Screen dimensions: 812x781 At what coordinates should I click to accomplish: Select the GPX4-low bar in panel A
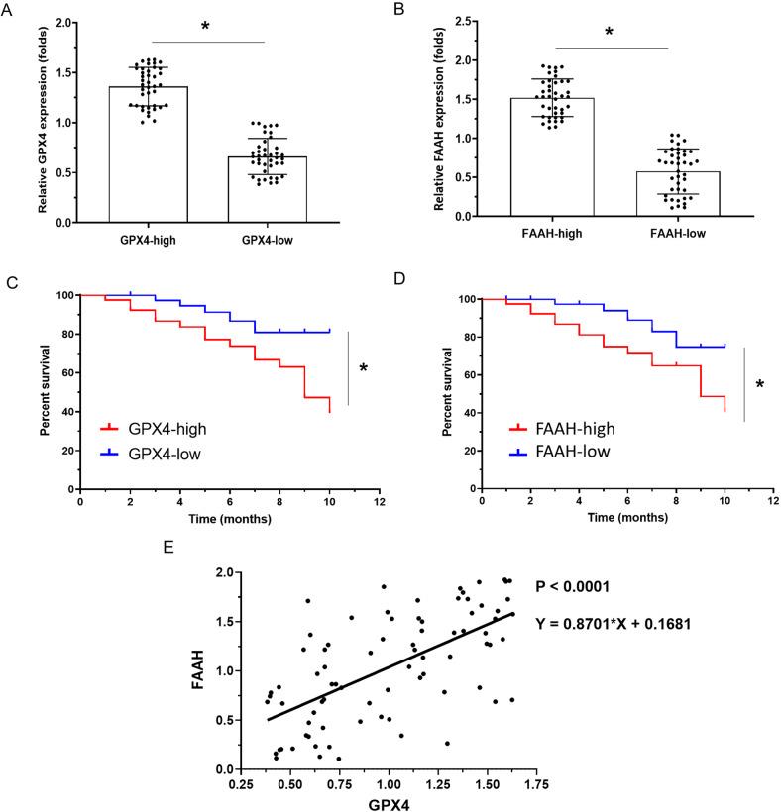coord(267,189)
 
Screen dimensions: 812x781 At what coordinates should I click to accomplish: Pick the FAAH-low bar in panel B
coord(678,193)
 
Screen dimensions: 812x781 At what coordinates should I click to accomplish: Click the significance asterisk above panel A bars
coord(205,26)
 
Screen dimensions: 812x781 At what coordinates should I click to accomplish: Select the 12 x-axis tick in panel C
coord(378,501)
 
